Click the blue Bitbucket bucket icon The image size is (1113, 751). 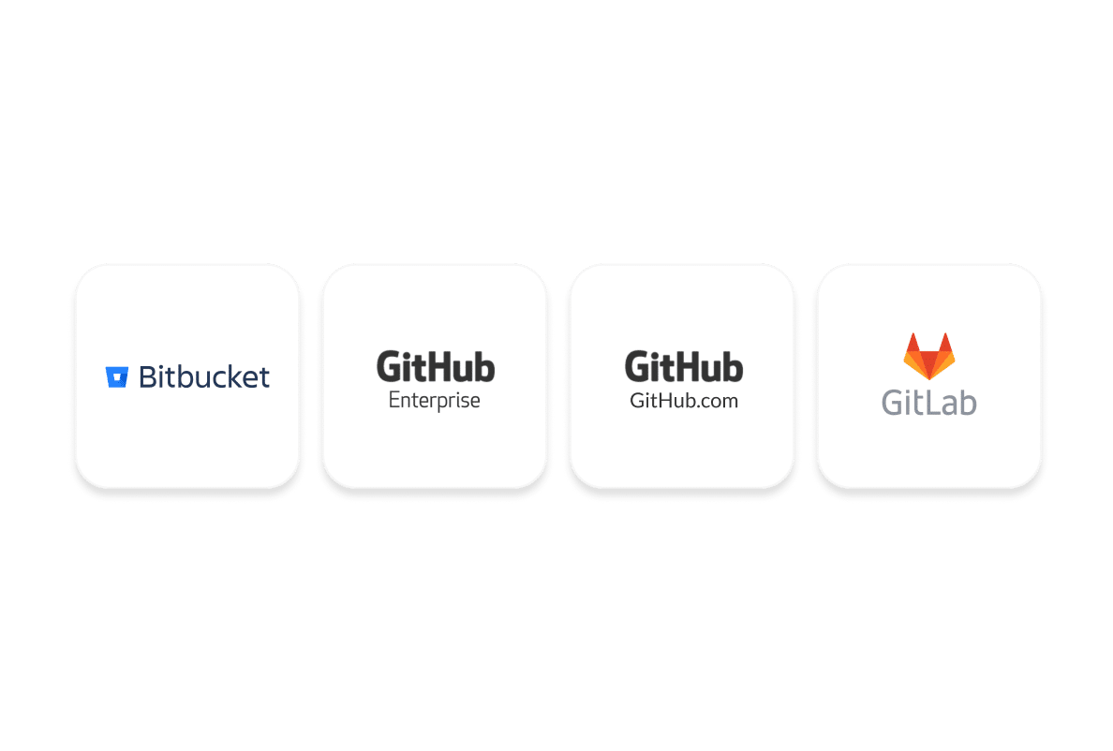point(116,376)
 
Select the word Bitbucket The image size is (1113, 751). point(204,376)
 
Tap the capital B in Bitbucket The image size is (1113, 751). point(147,376)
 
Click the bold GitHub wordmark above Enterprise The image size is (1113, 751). point(436,366)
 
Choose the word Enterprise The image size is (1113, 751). point(435,401)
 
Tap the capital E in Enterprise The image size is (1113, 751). point(394,400)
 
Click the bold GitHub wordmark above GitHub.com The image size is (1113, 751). point(684,366)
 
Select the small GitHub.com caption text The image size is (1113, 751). point(684,401)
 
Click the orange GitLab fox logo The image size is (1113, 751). point(928,355)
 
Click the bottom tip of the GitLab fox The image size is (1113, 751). point(928,376)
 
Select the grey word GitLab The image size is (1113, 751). point(928,402)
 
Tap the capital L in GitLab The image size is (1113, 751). point(932,402)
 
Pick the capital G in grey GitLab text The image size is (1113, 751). point(894,402)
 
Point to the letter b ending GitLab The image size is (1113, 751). point(968,402)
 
